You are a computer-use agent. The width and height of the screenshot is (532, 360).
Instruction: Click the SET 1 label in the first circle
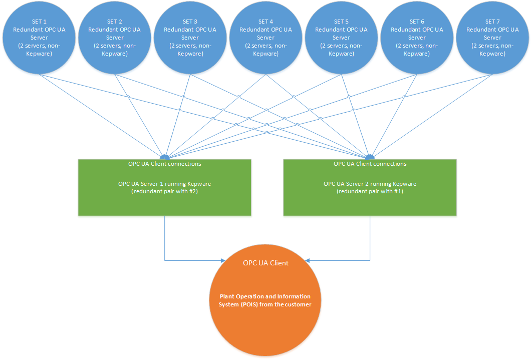pyautogui.click(x=39, y=22)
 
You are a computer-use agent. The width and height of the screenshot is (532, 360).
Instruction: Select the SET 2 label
pyautogui.click(x=114, y=22)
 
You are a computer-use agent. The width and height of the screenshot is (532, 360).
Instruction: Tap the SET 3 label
pyautogui.click(x=190, y=22)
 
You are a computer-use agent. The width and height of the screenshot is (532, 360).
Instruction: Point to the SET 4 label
pyautogui.click(x=265, y=22)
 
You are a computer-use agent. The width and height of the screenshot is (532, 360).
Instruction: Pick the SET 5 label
pyautogui.click(x=341, y=22)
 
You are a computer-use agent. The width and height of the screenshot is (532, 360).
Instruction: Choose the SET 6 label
pyautogui.click(x=417, y=22)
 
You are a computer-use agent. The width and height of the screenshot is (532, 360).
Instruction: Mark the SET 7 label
pyautogui.click(x=492, y=22)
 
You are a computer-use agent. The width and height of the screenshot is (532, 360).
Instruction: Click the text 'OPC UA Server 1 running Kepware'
pyautogui.click(x=164, y=184)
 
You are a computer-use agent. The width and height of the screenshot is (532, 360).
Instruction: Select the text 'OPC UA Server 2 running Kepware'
pyautogui.click(x=370, y=184)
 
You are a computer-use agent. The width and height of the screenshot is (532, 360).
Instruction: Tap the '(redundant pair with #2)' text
pyautogui.click(x=164, y=192)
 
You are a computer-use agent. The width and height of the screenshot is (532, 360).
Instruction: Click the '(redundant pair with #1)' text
pyautogui.click(x=370, y=192)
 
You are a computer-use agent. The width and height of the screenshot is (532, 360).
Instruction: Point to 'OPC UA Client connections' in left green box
pyautogui.click(x=164, y=164)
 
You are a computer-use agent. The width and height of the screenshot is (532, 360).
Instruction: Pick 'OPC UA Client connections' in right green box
pyautogui.click(x=370, y=164)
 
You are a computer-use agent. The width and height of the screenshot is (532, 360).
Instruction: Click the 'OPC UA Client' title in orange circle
pyautogui.click(x=265, y=263)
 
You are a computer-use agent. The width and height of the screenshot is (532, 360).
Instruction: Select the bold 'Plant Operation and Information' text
pyautogui.click(x=265, y=296)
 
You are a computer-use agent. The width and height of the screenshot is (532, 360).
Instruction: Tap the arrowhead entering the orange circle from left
pyautogui.click(x=224, y=260)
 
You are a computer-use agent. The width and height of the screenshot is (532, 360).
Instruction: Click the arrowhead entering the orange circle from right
pyautogui.click(x=308, y=260)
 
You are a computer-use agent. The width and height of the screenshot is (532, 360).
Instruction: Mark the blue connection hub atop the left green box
pyautogui.click(x=165, y=157)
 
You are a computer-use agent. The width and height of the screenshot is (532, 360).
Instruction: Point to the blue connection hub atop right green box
pyautogui.click(x=370, y=157)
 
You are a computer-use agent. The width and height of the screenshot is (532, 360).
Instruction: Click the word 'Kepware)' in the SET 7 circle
pyautogui.click(x=492, y=54)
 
